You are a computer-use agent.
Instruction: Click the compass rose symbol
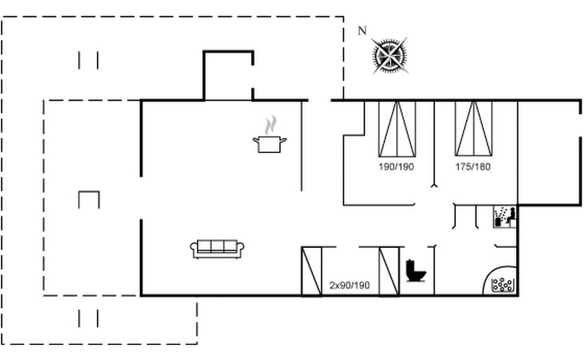pos(390,56)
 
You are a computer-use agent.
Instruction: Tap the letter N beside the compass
pos(362,31)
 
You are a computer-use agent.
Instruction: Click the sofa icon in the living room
pos(217,249)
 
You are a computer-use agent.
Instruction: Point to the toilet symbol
pos(416,270)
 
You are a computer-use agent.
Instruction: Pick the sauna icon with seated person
pos(505,217)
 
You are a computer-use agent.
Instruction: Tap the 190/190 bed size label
pos(396,166)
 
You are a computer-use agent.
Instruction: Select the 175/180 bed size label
pos(473,166)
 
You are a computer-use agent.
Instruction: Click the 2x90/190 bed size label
pos(350,286)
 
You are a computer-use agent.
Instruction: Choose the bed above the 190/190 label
pos(397,129)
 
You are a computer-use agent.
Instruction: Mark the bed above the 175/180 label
pos(474,129)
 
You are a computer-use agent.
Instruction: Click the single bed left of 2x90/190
pos(311,271)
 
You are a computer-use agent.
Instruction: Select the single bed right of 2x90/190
pos(390,271)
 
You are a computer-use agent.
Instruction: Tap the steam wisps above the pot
pos(270,125)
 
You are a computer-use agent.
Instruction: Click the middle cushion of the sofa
pos(217,246)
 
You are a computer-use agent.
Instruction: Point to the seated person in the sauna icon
pos(511,215)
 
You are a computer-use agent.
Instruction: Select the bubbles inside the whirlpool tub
pos(502,285)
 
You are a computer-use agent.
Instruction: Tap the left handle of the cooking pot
pos(255,140)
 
